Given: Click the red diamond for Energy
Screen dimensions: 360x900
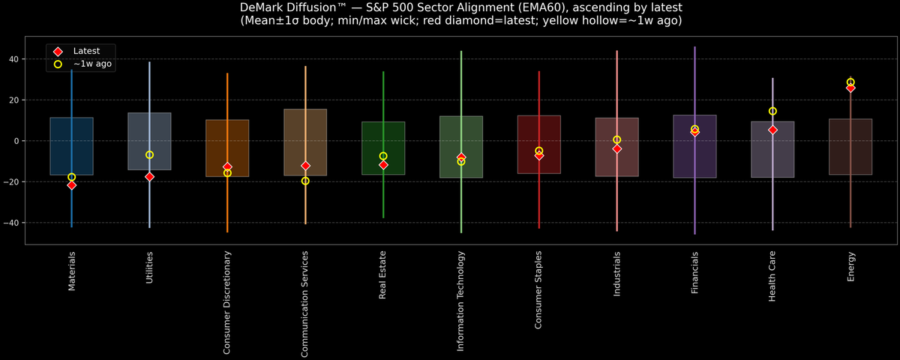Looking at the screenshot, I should pyautogui.click(x=850, y=88).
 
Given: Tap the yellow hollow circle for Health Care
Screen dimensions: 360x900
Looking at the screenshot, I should pyautogui.click(x=772, y=111).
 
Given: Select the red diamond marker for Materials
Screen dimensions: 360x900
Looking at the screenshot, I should pyautogui.click(x=71, y=185).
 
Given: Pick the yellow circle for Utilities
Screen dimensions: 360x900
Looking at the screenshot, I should pyautogui.click(x=149, y=154).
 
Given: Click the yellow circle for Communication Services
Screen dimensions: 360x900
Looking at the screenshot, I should pyautogui.click(x=305, y=181).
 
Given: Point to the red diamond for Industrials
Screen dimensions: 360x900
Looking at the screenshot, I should pyautogui.click(x=617, y=148).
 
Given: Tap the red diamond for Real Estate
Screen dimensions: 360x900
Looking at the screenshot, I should pyautogui.click(x=383, y=164).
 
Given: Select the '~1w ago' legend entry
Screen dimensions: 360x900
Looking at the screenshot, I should pyautogui.click(x=92, y=64).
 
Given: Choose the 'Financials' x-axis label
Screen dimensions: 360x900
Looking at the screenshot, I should pyautogui.click(x=695, y=272).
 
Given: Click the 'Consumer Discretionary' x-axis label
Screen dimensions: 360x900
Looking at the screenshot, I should pyautogui.click(x=227, y=302).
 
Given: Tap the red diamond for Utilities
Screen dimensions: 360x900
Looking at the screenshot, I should pyautogui.click(x=149, y=177).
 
